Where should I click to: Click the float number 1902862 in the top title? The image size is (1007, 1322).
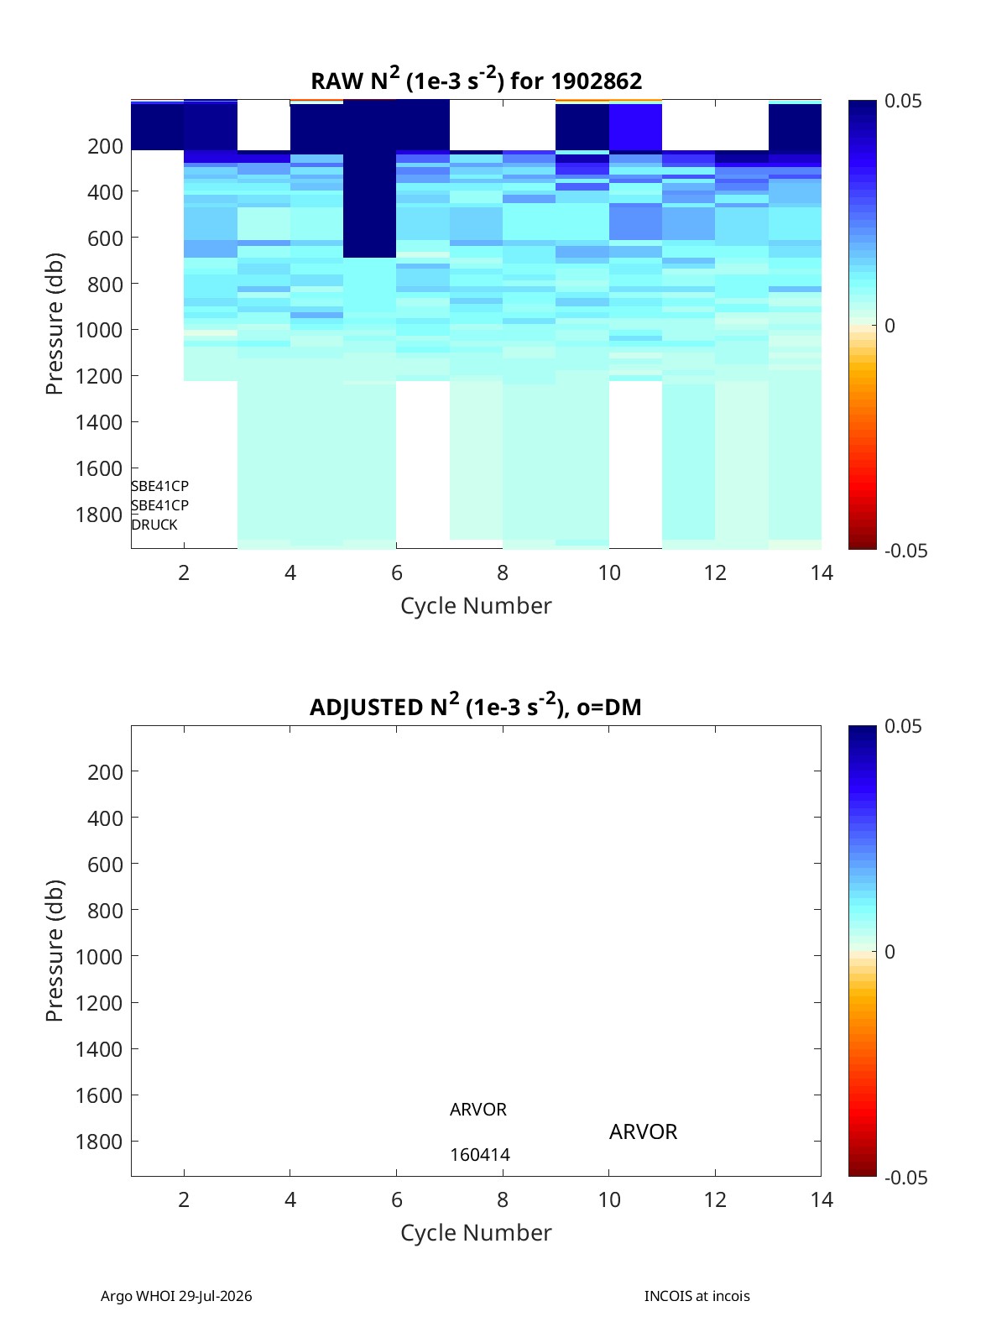[x=596, y=81]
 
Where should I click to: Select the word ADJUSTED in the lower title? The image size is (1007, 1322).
[x=367, y=707]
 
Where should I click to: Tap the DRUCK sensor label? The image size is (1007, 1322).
[x=154, y=525]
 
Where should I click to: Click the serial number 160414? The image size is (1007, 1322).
[x=480, y=1155]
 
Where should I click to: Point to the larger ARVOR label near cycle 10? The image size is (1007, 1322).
[x=643, y=1131]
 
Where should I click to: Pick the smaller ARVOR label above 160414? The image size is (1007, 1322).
[x=478, y=1109]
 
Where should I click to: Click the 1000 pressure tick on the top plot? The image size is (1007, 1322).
[x=99, y=330]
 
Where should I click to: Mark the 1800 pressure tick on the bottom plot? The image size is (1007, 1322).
[x=99, y=1142]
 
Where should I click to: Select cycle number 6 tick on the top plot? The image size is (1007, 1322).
[x=397, y=572]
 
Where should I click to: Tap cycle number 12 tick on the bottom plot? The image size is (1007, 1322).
[x=715, y=1199]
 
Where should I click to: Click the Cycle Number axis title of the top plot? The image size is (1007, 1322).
[x=476, y=606]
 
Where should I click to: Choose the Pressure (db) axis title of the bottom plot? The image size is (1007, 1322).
[x=55, y=950]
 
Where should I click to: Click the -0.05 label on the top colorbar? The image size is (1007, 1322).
[x=905, y=551]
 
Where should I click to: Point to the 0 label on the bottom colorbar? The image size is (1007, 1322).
[x=890, y=952]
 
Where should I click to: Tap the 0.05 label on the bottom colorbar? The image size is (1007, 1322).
[x=903, y=726]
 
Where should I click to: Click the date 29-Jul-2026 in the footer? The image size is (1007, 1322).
[x=215, y=1296]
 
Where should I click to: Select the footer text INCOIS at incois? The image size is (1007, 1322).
[x=697, y=1296]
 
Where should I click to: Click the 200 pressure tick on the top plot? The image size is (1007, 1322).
[x=105, y=146]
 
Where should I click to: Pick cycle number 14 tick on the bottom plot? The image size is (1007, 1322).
[x=822, y=1199]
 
